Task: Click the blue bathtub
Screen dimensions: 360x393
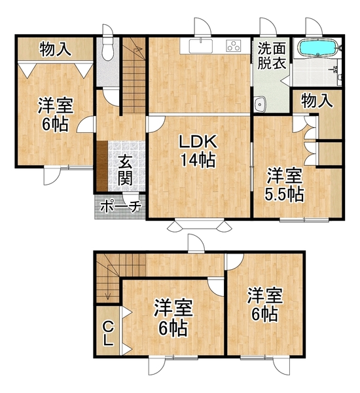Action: pyautogui.click(x=318, y=48)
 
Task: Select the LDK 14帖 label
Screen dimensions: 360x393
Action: pyautogui.click(x=198, y=151)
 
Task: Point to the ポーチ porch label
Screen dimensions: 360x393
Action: pyautogui.click(x=120, y=207)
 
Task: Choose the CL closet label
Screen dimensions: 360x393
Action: pyautogui.click(x=108, y=334)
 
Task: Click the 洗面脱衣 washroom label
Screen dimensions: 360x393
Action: pyautogui.click(x=272, y=56)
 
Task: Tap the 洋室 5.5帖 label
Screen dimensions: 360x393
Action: pyautogui.click(x=284, y=185)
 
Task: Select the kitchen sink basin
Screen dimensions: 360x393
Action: pyautogui.click(x=201, y=46)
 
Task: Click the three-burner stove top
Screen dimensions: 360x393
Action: pyautogui.click(x=234, y=46)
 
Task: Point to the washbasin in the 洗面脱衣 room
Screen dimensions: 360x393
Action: pyautogui.click(x=260, y=103)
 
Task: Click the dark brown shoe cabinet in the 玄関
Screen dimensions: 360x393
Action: pyautogui.click(x=102, y=166)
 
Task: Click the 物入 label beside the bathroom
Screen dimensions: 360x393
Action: pyautogui.click(x=317, y=100)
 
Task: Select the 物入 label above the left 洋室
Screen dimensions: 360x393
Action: pyautogui.click(x=56, y=48)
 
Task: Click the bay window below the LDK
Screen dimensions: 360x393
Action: pyautogui.click(x=199, y=225)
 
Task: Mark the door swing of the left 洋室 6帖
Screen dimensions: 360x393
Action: pyautogui.click(x=85, y=124)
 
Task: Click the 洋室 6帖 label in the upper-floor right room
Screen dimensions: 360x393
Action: pyautogui.click(x=265, y=305)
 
